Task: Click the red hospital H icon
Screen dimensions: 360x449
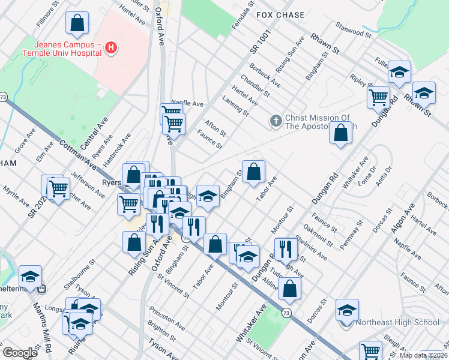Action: point(110,47)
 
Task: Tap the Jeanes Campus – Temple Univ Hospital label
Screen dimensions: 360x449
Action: point(60,48)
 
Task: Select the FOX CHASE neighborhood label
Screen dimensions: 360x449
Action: point(280,14)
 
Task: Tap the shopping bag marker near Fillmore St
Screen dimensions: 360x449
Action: point(77,25)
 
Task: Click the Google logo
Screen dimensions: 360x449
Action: point(20,353)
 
